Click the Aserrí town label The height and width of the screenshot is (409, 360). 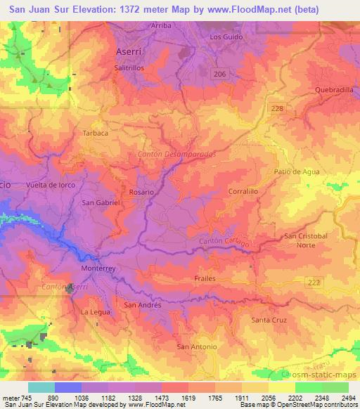(x=130, y=53)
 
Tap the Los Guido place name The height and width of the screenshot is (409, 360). (x=225, y=36)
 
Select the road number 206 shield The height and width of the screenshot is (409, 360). (x=220, y=73)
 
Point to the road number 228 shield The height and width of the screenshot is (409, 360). (x=278, y=106)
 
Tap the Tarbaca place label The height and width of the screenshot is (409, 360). (x=96, y=132)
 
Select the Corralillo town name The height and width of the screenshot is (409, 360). (x=245, y=190)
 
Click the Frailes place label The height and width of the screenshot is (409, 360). (x=204, y=279)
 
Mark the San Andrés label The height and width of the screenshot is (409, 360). (x=143, y=305)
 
